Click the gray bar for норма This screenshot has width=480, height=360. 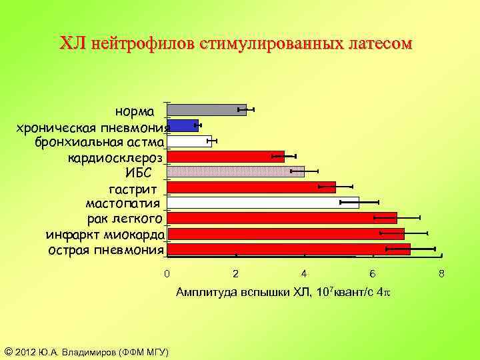tap(207, 110)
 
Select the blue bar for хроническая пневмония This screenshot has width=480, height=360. tap(183, 125)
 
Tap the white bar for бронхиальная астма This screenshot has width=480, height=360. tap(189, 141)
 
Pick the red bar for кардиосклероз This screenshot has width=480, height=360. tap(225, 157)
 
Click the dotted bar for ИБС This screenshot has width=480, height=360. tap(235, 171)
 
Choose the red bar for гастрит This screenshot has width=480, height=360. tap(251, 187)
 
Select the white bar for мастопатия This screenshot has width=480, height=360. tap(263, 202)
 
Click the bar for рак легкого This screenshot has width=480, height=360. tap(281, 218)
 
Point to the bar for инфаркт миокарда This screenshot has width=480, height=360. tap(285, 233)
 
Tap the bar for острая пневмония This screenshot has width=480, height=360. tap(288, 249)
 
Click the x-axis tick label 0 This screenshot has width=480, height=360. tap(167, 274)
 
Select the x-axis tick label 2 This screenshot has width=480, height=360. tap(235, 274)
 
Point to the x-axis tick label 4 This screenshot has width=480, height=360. tap(304, 274)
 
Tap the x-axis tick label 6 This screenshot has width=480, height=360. tap(373, 274)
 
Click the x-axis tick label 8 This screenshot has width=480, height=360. tap(441, 274)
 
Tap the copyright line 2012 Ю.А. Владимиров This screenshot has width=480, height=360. tap(87, 351)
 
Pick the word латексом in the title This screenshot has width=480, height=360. tap(379, 44)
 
